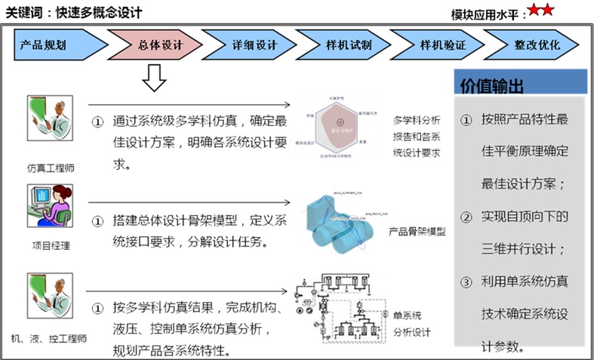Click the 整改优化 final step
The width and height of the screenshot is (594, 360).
(x=536, y=45)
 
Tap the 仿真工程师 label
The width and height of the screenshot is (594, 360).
(x=50, y=168)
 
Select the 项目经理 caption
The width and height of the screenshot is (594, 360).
(x=50, y=245)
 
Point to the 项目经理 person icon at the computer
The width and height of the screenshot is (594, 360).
(x=50, y=205)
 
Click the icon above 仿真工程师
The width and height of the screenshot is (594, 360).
(x=50, y=121)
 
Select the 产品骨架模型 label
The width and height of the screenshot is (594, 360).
(x=417, y=232)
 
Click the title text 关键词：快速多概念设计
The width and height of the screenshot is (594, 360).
(x=73, y=13)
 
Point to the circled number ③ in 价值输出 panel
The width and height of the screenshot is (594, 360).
(x=466, y=282)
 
